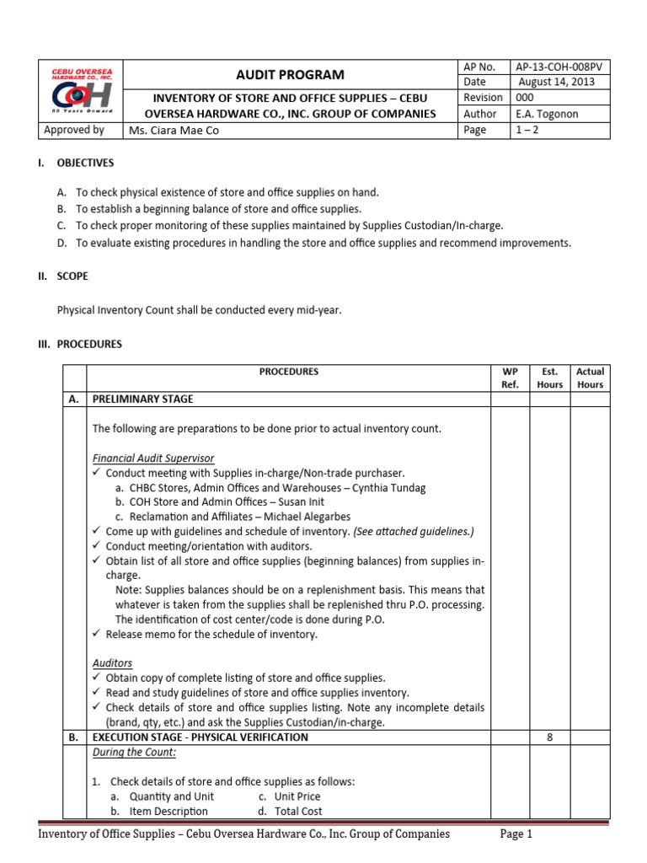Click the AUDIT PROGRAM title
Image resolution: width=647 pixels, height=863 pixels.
click(290, 75)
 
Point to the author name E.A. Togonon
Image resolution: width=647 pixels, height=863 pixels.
click(548, 114)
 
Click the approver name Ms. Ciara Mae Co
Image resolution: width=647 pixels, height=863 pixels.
click(174, 131)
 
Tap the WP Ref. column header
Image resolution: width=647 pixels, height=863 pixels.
click(510, 378)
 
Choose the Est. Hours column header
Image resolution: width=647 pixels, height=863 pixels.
click(550, 378)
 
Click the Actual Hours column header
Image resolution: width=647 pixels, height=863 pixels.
click(590, 378)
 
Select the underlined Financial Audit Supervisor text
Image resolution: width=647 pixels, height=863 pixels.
click(153, 458)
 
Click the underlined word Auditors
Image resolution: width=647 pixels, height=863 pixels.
click(112, 663)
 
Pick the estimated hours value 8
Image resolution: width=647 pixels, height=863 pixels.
click(550, 737)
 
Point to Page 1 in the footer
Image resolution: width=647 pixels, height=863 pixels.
click(516, 834)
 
